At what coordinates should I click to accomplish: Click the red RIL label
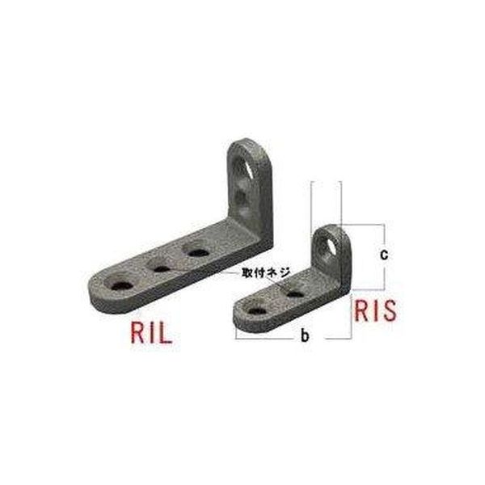click(151, 332)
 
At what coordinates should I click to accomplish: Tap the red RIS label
click(375, 310)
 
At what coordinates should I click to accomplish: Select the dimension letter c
click(383, 255)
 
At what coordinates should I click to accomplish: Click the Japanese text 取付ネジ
click(266, 273)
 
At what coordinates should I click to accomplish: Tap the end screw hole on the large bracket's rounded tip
click(121, 285)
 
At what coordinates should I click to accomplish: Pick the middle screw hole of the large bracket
click(161, 268)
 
